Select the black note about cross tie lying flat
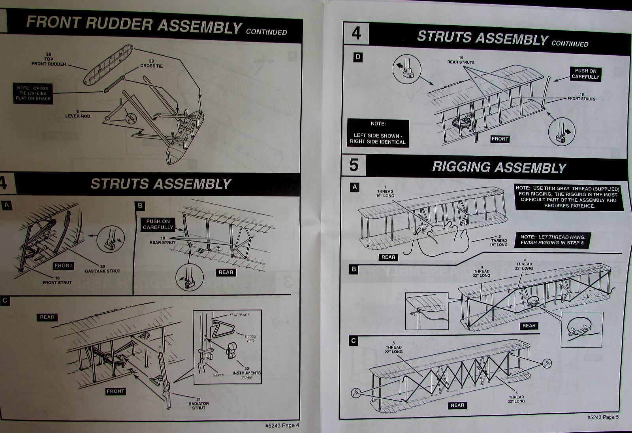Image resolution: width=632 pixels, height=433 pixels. [33, 93]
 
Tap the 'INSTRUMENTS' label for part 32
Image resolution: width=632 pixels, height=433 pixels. [246, 372]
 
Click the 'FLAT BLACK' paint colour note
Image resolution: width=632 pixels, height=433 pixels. [239, 315]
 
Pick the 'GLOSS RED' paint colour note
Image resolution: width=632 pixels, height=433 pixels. [250, 338]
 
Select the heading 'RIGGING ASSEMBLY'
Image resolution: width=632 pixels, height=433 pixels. [499, 167]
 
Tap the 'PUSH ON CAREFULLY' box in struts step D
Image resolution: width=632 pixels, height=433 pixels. [585, 74]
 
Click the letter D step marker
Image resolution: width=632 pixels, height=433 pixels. [358, 57]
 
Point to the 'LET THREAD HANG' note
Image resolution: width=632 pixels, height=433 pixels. [553, 240]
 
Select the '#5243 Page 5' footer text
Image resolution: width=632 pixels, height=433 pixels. [603, 417]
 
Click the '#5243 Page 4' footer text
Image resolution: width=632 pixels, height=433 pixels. [282, 426]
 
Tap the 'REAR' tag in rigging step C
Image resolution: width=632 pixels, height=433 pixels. [457, 405]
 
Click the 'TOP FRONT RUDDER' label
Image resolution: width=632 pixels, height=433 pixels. [49, 59]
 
